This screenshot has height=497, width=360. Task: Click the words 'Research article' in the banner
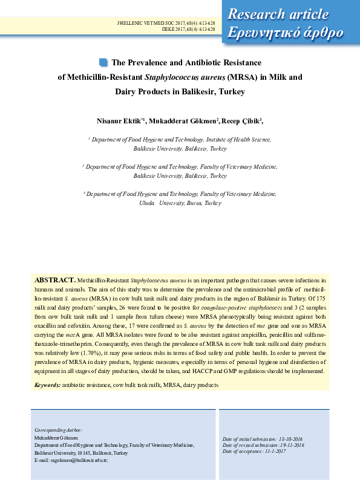pyautogui.click(x=278, y=15)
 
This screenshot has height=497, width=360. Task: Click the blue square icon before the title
pyautogui.click(x=103, y=62)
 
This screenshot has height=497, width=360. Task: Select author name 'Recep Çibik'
pyautogui.click(x=241, y=121)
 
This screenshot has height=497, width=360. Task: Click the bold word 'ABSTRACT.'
pyautogui.click(x=54, y=281)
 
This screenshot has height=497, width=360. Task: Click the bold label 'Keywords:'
pyautogui.click(x=47, y=385)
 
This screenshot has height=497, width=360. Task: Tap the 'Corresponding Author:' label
pyautogui.click(x=59, y=430)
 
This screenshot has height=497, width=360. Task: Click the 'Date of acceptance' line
pyautogui.click(x=254, y=451)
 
